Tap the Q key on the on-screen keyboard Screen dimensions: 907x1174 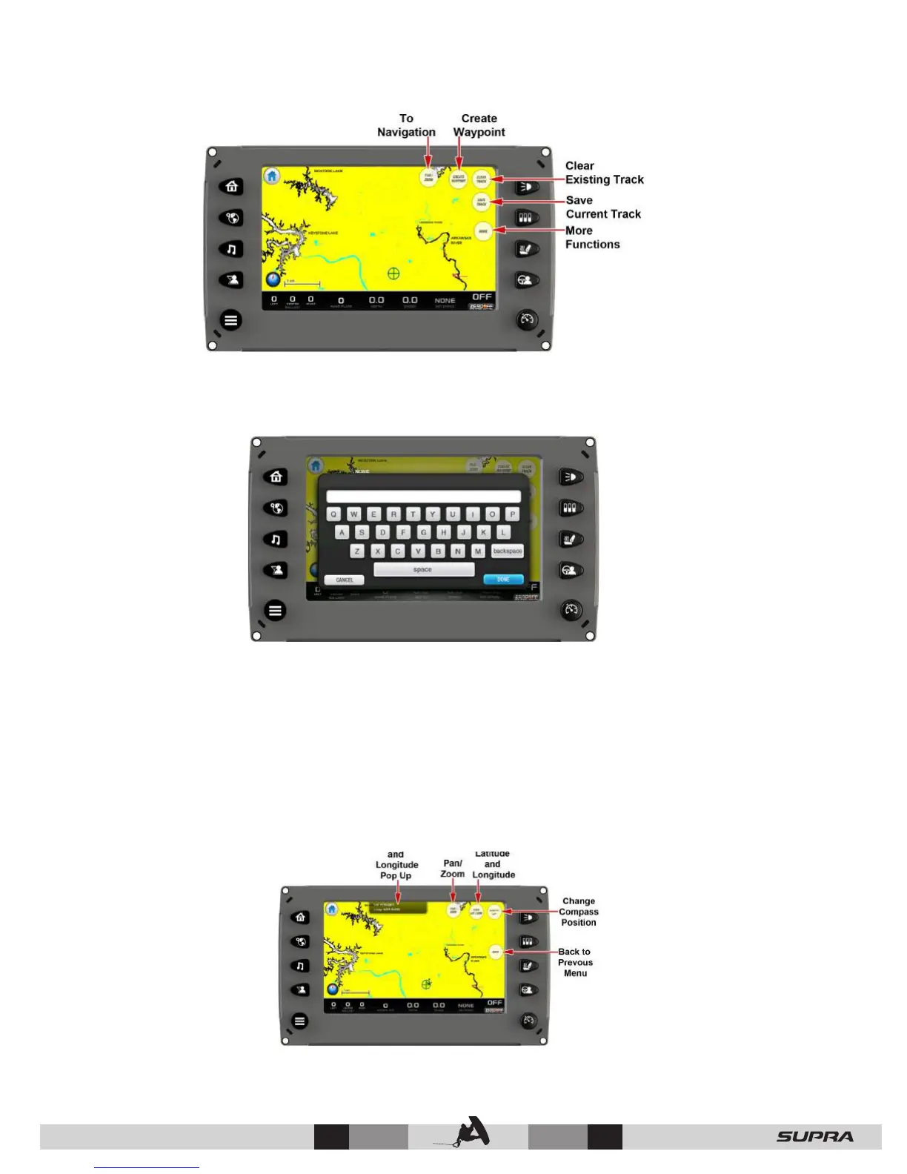[333, 514]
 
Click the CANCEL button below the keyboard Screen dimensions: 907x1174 [345, 580]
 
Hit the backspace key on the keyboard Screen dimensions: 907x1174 [508, 551]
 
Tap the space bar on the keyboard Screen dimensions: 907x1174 [423, 569]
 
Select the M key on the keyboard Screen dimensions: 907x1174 [478, 551]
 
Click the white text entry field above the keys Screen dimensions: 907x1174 [423, 496]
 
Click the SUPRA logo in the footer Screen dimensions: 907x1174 [814, 1136]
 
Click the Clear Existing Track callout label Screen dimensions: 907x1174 [604, 173]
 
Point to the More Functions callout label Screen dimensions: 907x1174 [592, 237]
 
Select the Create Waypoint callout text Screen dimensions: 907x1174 [479, 125]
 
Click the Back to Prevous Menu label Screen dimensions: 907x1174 [575, 962]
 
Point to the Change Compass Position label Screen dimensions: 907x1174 [579, 912]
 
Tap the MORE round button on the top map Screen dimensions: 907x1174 [483, 231]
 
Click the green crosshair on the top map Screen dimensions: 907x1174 [393, 273]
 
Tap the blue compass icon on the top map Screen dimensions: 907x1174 [274, 279]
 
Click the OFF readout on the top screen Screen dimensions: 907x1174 [482, 297]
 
